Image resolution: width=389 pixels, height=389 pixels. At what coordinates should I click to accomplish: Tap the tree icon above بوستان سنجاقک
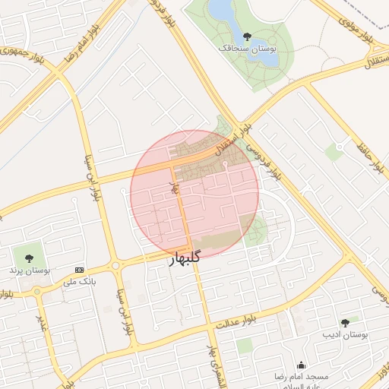point(246,35)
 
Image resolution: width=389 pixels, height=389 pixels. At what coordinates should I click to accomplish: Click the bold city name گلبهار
point(183,257)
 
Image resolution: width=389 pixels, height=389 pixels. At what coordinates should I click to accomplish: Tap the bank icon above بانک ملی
point(80,270)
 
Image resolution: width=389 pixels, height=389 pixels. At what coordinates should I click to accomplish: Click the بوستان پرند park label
point(29,270)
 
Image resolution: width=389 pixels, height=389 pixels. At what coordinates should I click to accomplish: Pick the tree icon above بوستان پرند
point(29,258)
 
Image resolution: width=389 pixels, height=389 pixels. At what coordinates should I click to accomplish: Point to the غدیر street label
point(43,322)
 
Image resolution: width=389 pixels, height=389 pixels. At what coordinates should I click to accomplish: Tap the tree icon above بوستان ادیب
point(345,323)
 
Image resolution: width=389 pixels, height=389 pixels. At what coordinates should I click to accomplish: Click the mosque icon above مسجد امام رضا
point(302,365)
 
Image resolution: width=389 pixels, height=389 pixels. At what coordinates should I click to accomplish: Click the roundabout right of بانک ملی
point(115,266)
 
